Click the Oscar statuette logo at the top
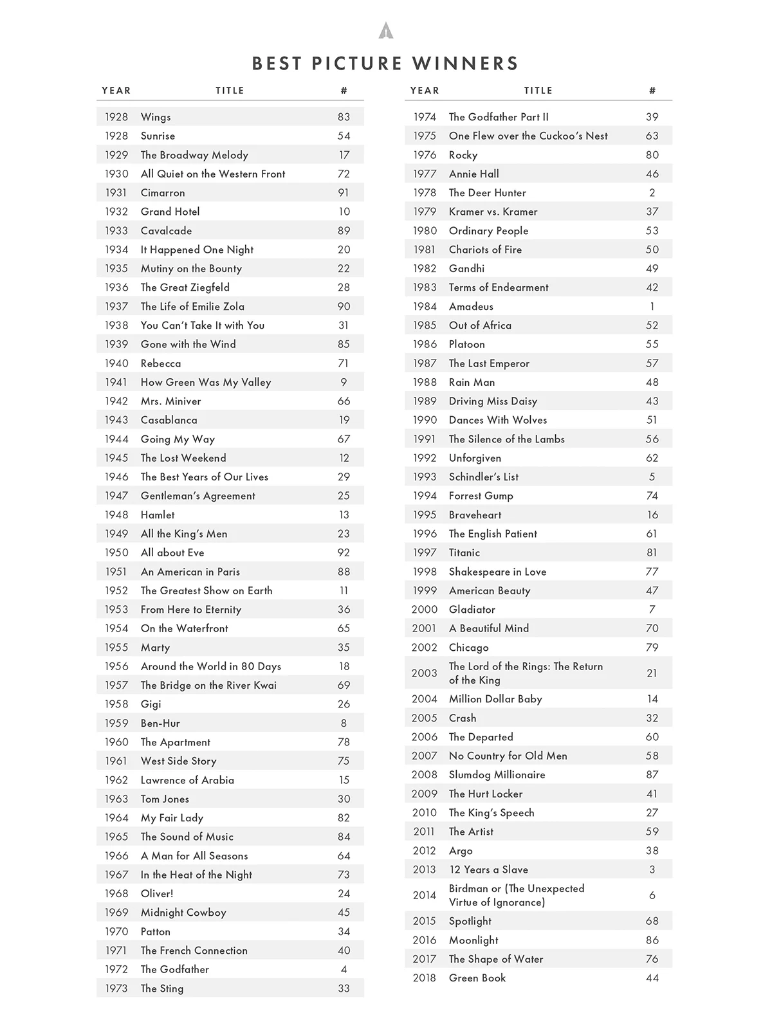pyautogui.click(x=386, y=30)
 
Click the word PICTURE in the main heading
pyautogui.click(x=356, y=64)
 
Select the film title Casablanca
pyautogui.click(x=169, y=420)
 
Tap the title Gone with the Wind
pyautogui.click(x=188, y=344)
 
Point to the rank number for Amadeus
pyautogui.click(x=652, y=306)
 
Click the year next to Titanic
pyautogui.click(x=425, y=552)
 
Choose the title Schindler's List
pyautogui.click(x=483, y=477)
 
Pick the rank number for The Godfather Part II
pyautogui.click(x=652, y=117)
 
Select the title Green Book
pyautogui.click(x=477, y=978)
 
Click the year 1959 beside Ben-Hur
pyautogui.click(x=116, y=723)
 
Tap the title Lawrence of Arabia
pyautogui.click(x=187, y=780)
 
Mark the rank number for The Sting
pyautogui.click(x=344, y=988)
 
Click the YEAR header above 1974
pyautogui.click(x=425, y=91)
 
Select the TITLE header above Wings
pyautogui.click(x=230, y=91)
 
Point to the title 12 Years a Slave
pyautogui.click(x=488, y=870)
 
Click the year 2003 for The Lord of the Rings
pyautogui.click(x=425, y=673)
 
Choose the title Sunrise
pyautogui.click(x=158, y=136)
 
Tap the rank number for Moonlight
pyautogui.click(x=652, y=940)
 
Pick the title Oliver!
pyautogui.click(x=157, y=893)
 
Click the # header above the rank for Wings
pyautogui.click(x=344, y=91)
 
